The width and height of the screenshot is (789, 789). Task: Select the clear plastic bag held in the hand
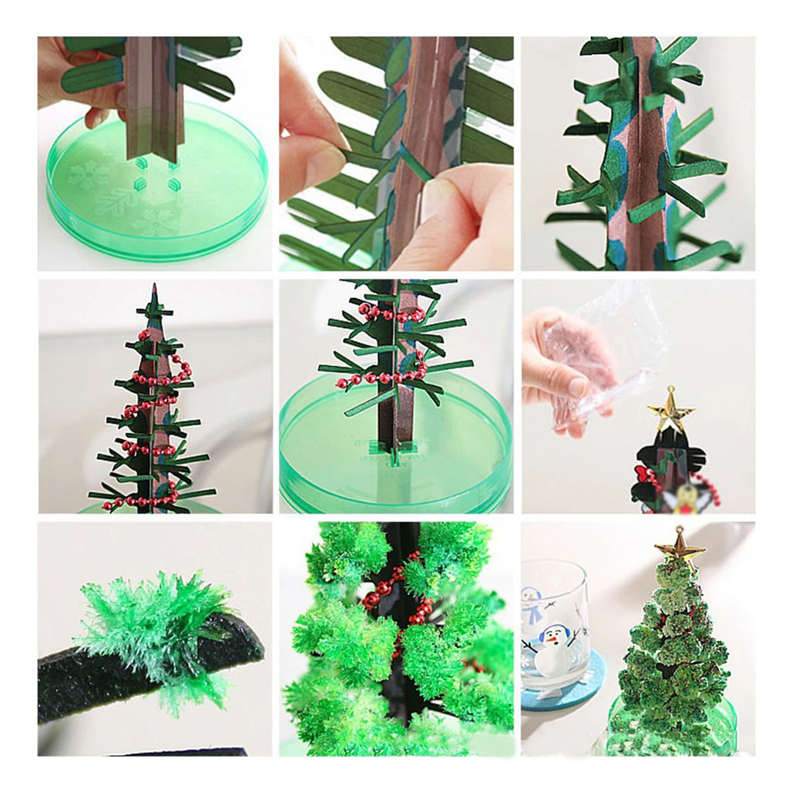pyautogui.click(x=609, y=347)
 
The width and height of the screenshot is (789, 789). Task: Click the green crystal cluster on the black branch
pyautogui.click(x=158, y=628)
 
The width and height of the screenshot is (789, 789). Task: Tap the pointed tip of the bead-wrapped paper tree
pyautogui.click(x=154, y=288)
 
